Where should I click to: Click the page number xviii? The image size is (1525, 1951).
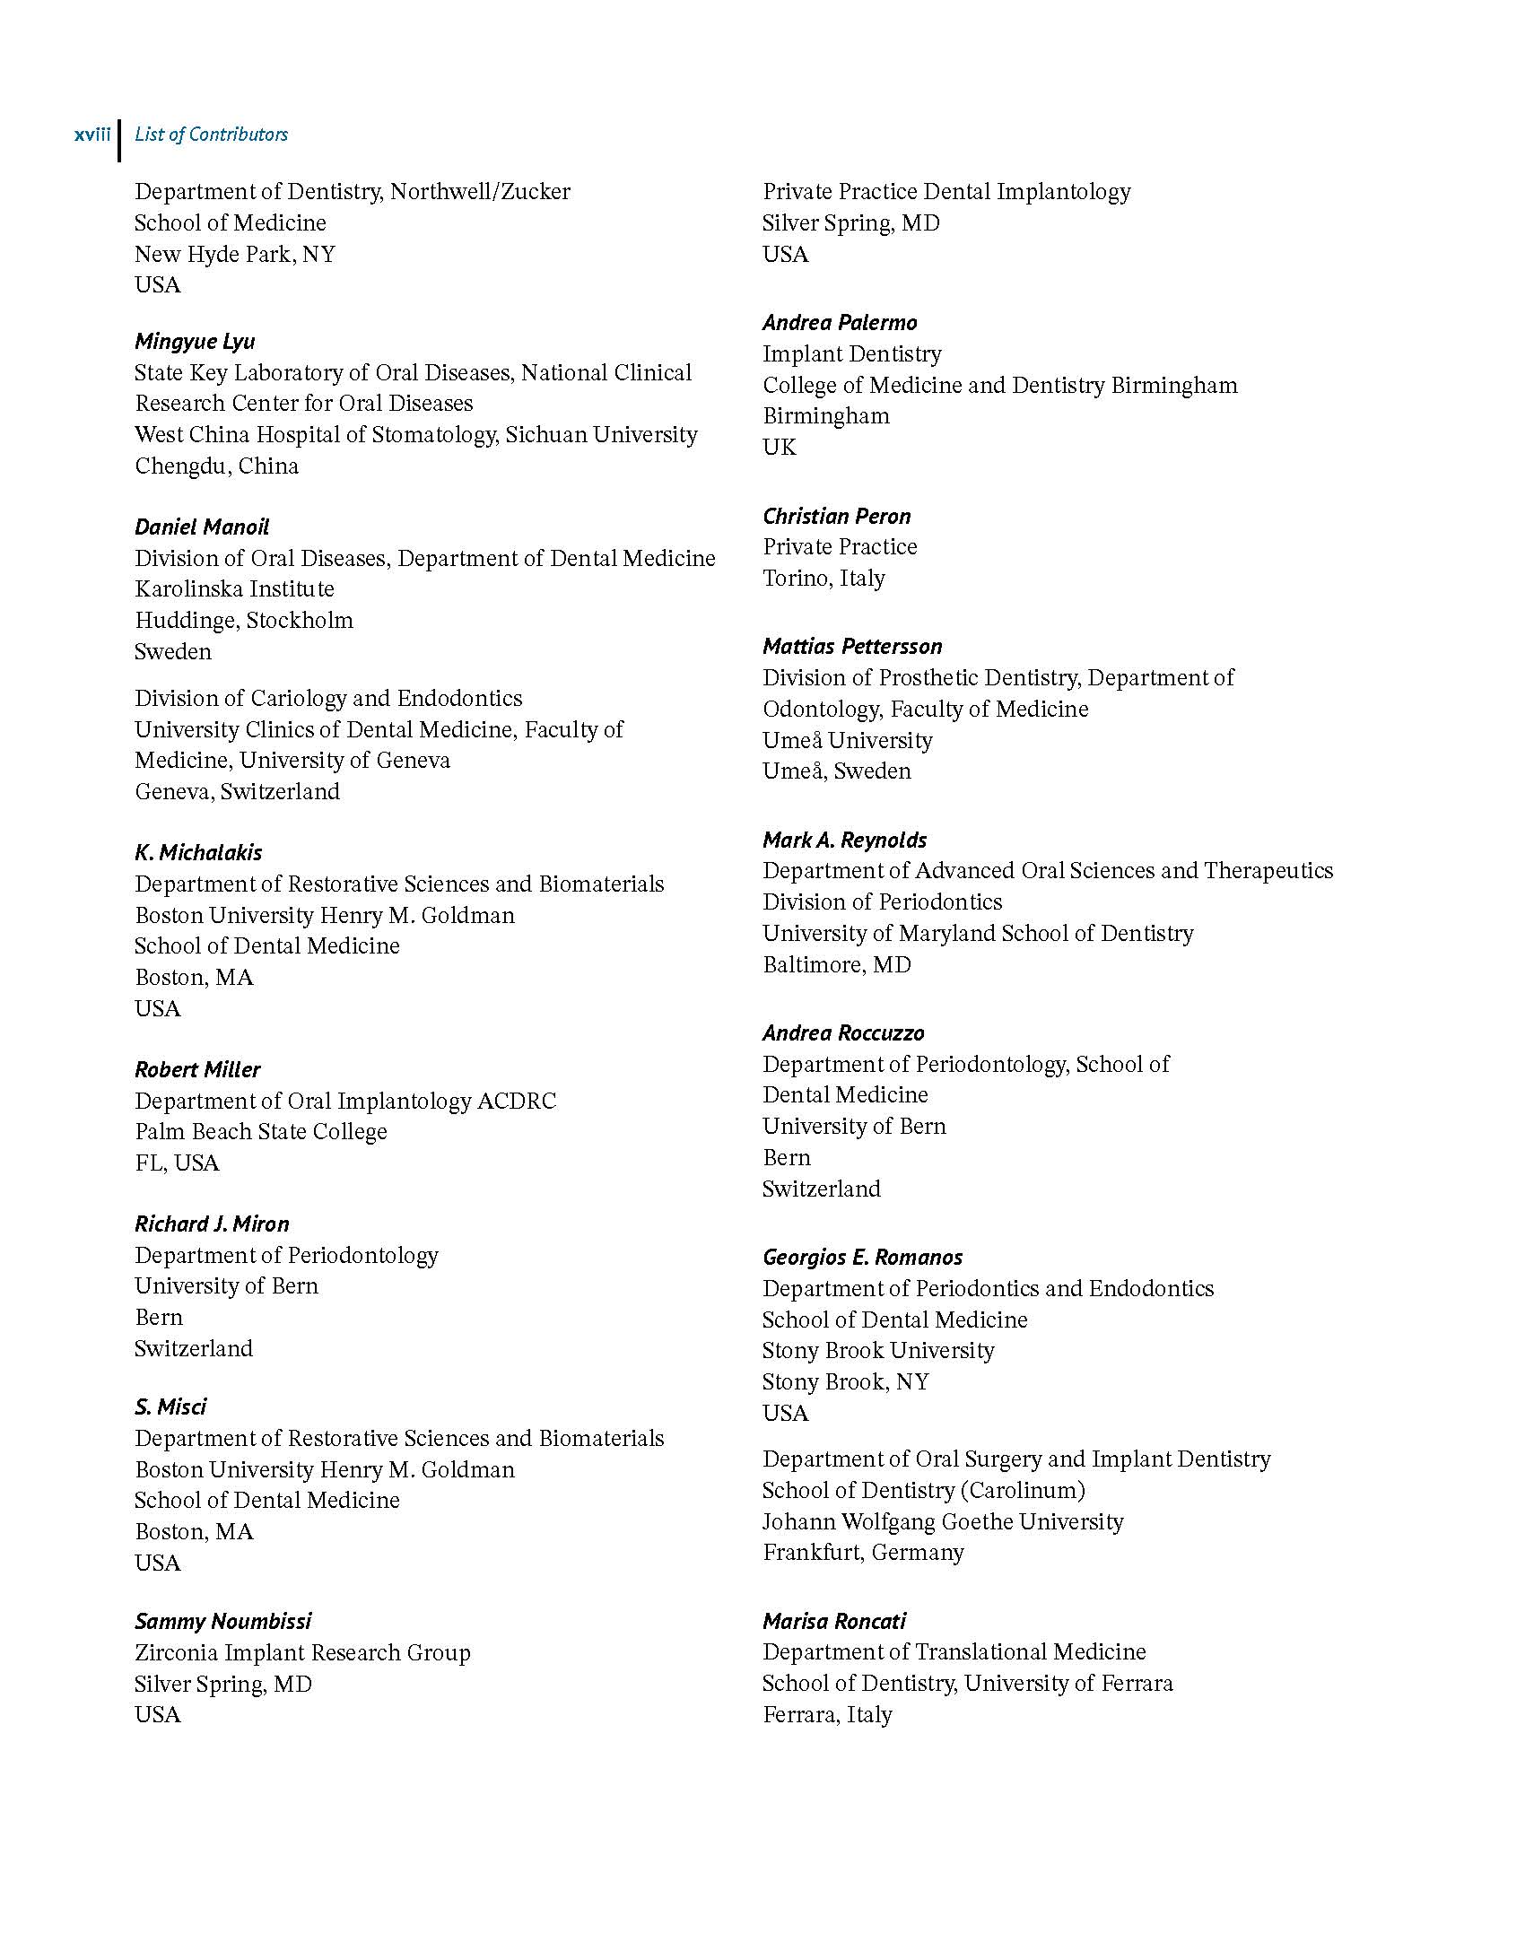(x=92, y=135)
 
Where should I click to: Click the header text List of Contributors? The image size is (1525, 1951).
(x=211, y=135)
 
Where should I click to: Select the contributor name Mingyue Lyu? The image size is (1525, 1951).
(x=195, y=341)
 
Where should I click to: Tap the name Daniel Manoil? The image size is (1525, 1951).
(x=202, y=527)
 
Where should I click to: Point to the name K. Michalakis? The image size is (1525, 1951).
(x=198, y=852)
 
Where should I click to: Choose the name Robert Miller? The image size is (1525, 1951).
(x=197, y=1069)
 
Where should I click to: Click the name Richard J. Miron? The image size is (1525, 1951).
(x=212, y=1224)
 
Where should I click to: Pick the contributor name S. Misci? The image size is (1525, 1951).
(x=170, y=1407)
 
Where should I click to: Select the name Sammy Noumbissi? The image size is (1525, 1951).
(x=223, y=1621)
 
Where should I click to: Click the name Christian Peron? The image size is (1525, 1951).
(x=836, y=516)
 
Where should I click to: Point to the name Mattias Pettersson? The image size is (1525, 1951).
(x=852, y=646)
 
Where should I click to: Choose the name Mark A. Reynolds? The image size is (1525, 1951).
(x=844, y=840)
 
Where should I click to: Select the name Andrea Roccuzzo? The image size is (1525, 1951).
(x=843, y=1032)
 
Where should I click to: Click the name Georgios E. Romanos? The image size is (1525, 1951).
(x=862, y=1257)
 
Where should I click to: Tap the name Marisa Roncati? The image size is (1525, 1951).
(x=834, y=1621)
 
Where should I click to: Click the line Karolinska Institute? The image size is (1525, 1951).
(x=234, y=589)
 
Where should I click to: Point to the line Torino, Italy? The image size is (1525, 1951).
(x=823, y=579)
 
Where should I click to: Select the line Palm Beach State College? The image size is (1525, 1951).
(x=261, y=1132)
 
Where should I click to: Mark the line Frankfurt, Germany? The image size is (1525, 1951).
(x=863, y=1553)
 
